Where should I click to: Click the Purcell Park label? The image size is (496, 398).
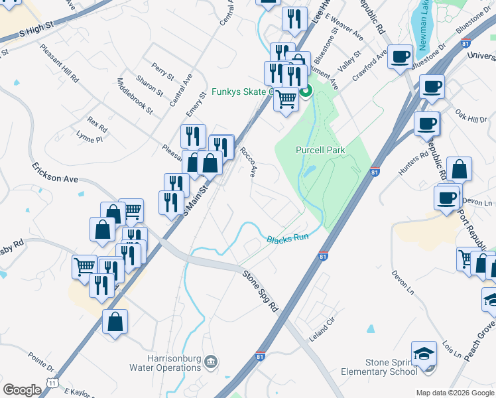point(320,151)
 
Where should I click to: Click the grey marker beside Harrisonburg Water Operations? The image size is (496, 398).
point(211,362)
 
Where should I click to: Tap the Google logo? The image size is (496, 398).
point(22,390)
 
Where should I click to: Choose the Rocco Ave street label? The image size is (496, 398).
point(249,162)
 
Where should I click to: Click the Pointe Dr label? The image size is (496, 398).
point(41,364)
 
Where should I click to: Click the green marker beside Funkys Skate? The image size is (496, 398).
point(306,92)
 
